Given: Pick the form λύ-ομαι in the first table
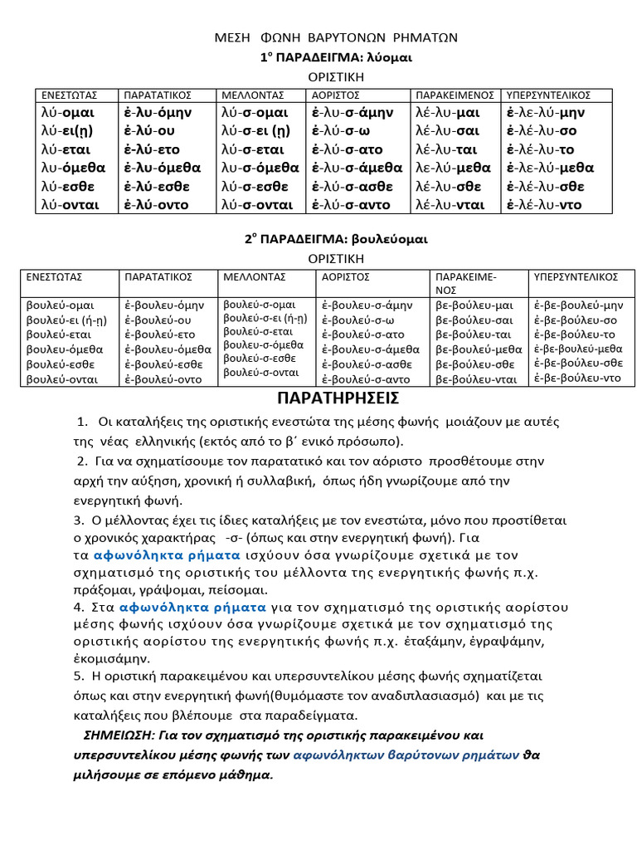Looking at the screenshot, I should point(67,112).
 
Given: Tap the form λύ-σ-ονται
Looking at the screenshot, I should point(256,204).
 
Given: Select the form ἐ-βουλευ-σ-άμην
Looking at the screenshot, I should point(366,305).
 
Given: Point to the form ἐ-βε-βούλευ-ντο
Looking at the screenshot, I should point(577,378).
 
